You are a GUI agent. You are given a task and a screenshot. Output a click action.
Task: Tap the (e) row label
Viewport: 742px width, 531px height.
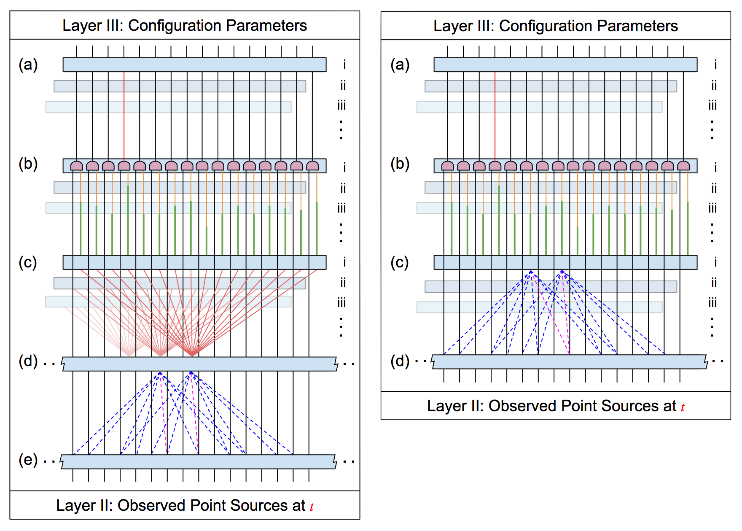28,460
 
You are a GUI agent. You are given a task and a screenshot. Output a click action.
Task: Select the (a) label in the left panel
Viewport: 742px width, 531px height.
28,65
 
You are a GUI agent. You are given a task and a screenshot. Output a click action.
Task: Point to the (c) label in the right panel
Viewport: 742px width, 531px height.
400,262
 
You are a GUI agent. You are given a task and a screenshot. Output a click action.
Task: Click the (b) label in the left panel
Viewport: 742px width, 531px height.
28,164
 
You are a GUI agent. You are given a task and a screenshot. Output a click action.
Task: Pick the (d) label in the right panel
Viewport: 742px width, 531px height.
400,361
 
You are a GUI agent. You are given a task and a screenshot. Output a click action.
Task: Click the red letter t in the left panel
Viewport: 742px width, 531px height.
312,507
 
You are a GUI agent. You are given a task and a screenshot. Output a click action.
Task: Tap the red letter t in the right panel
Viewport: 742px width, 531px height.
683,407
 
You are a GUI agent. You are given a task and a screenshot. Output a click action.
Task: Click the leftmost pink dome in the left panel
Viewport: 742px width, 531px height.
77,166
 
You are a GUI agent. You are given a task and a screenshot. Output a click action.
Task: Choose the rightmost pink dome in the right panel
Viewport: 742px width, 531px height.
683,166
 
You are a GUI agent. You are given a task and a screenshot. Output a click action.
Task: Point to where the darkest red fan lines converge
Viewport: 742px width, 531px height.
192,356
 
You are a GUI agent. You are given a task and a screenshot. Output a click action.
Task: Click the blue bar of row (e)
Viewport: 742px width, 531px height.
199,462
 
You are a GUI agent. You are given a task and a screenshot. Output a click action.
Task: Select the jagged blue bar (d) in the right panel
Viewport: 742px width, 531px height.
570,362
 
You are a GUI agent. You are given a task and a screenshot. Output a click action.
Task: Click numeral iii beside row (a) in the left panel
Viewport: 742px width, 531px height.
341,105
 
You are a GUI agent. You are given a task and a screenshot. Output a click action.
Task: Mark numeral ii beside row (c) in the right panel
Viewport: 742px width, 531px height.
714,283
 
